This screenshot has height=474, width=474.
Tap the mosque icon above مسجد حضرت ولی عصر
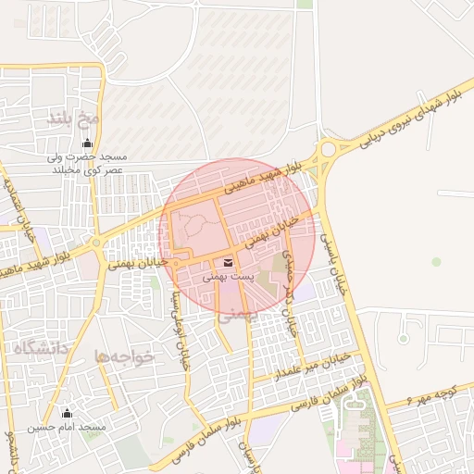tap(88, 143)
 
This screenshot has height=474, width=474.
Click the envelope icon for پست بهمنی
tap(228, 263)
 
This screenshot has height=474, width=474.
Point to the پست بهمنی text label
tap(228, 277)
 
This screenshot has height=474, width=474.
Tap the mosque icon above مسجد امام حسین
tap(66, 413)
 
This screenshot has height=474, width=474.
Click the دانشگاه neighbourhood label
tap(43, 348)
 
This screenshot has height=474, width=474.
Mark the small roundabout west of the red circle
tap(97, 244)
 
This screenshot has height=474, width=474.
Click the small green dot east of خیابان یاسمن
tap(436, 262)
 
